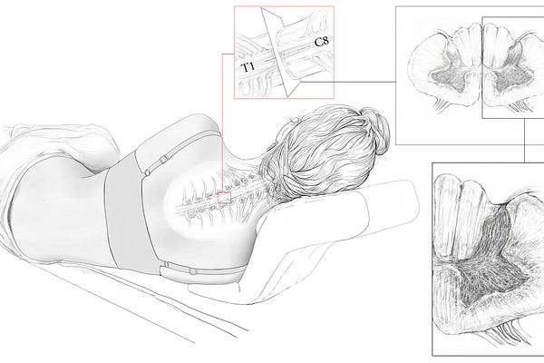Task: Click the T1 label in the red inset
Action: pyautogui.click(x=248, y=67)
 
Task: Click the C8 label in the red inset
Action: pyautogui.click(x=321, y=42)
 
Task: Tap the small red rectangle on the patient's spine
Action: pyautogui.click(x=225, y=198)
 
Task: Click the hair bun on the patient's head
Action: pyautogui.click(x=375, y=131)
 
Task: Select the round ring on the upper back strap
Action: pyautogui.click(x=148, y=172)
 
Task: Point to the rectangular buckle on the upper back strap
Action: pyautogui.click(x=164, y=159)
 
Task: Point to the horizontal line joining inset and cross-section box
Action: pyautogui.click(x=348, y=82)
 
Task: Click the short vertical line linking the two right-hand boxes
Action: pyautogui.click(x=525, y=140)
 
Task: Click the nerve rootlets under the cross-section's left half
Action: pyautogui.click(x=442, y=105)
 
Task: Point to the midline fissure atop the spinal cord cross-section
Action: pyautogui.click(x=482, y=45)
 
